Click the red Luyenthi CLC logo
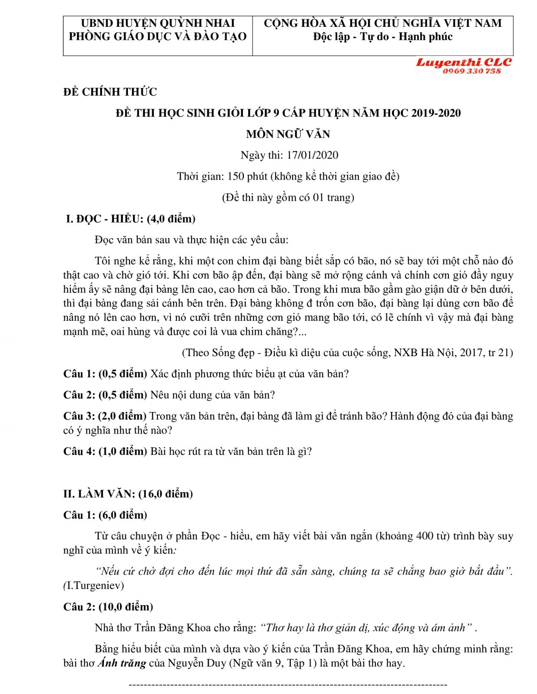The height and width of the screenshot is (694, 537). click(464, 63)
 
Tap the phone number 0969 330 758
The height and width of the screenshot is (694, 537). click(472, 72)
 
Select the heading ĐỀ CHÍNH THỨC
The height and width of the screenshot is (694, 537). click(110, 92)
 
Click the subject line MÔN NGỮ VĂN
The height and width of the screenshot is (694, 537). click(288, 134)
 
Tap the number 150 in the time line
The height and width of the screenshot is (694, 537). click(235, 176)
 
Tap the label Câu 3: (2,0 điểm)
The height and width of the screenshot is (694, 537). click(105, 416)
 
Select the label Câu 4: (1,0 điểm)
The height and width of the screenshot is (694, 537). click(105, 451)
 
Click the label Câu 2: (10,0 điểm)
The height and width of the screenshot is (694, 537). click(108, 607)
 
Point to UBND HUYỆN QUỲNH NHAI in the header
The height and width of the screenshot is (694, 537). click(158, 23)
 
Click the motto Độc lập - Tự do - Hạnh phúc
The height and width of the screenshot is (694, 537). click(383, 37)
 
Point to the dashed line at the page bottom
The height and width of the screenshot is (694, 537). click(288, 685)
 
